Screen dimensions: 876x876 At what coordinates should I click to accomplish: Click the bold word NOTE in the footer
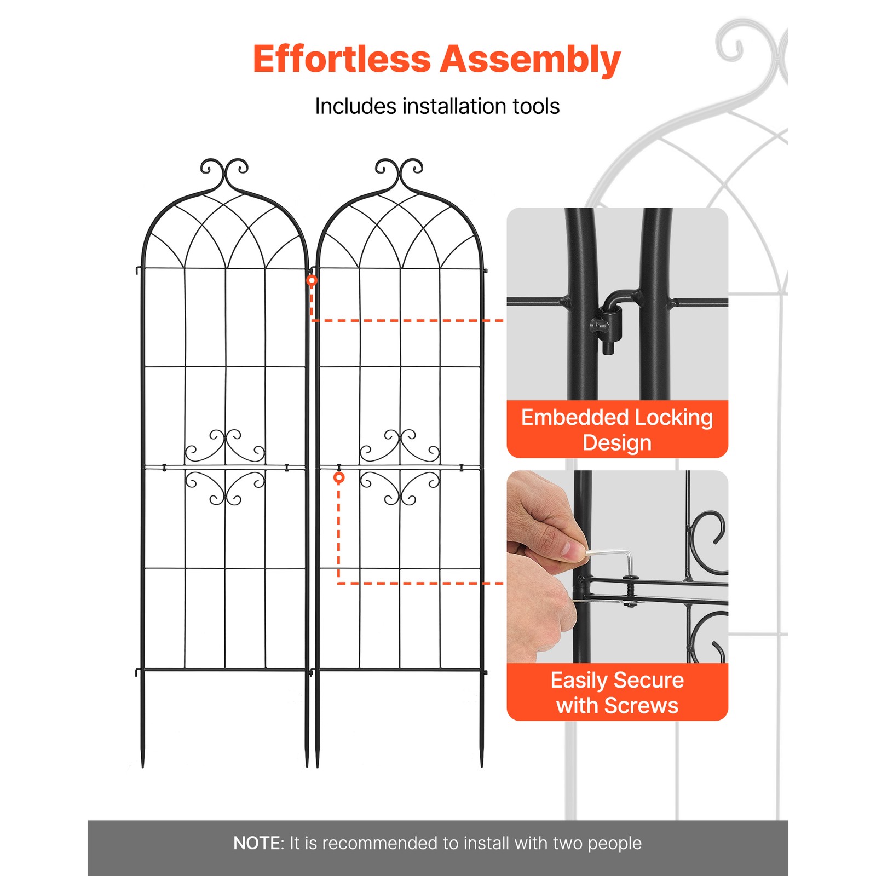[x=256, y=843]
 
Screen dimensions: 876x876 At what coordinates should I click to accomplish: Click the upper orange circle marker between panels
[x=312, y=280]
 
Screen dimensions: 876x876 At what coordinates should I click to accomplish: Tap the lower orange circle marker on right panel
[x=339, y=477]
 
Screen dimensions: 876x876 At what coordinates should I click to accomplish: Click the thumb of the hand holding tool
[x=572, y=549]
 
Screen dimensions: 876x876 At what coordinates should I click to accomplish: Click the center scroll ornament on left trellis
[x=225, y=466]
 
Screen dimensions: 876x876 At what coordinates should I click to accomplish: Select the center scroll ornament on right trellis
[x=400, y=466]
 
